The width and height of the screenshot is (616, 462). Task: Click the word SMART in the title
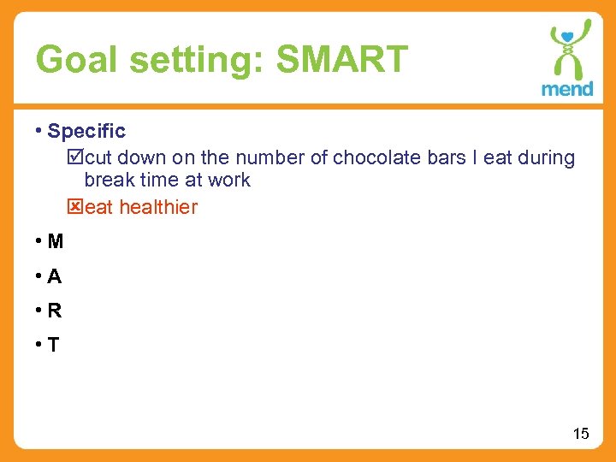coord(342,60)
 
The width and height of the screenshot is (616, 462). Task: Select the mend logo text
coord(566,88)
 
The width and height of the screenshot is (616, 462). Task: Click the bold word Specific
coord(86,131)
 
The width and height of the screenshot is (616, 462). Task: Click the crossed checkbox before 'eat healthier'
coord(74,207)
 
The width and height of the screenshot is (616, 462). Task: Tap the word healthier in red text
coord(158,207)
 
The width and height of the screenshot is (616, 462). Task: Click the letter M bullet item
coord(56,241)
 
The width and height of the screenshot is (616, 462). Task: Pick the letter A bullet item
coord(55,276)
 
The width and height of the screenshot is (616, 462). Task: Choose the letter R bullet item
coord(55,311)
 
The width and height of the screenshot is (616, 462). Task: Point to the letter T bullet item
coord(54,345)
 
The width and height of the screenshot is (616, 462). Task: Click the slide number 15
coord(581,434)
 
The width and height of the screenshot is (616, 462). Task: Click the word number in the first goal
coord(264,157)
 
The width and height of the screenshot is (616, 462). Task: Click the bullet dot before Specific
coord(39,130)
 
